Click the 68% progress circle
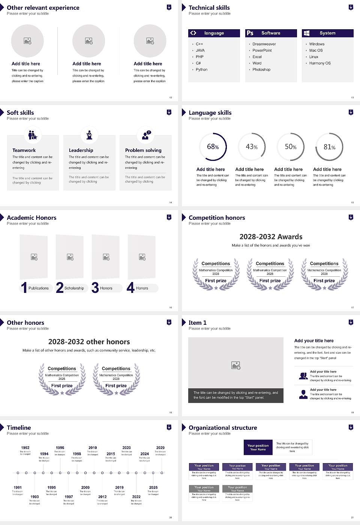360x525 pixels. coord(213,147)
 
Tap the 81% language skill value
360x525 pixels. coord(329,147)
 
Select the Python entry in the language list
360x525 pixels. coord(201,69)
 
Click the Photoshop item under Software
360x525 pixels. coord(261,69)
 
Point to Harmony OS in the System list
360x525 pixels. coord(320,63)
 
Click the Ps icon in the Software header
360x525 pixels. coord(250,33)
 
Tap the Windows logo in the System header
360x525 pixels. coord(306,33)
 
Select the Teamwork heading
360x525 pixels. coord(24,150)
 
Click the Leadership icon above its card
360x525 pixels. coord(89,135)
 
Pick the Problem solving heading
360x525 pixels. coord(143,150)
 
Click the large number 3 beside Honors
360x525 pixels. coord(95,288)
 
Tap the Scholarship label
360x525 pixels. coord(74,288)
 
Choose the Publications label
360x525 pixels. coord(39,288)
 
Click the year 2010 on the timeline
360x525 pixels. coord(93,447)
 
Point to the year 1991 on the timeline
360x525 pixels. coord(18,487)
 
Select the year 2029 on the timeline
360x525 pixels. coord(160,447)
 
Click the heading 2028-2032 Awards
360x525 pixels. coord(271,237)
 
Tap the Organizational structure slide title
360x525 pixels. coord(223,427)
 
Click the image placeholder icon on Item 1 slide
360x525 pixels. coord(236,365)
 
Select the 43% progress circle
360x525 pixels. coord(252,147)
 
